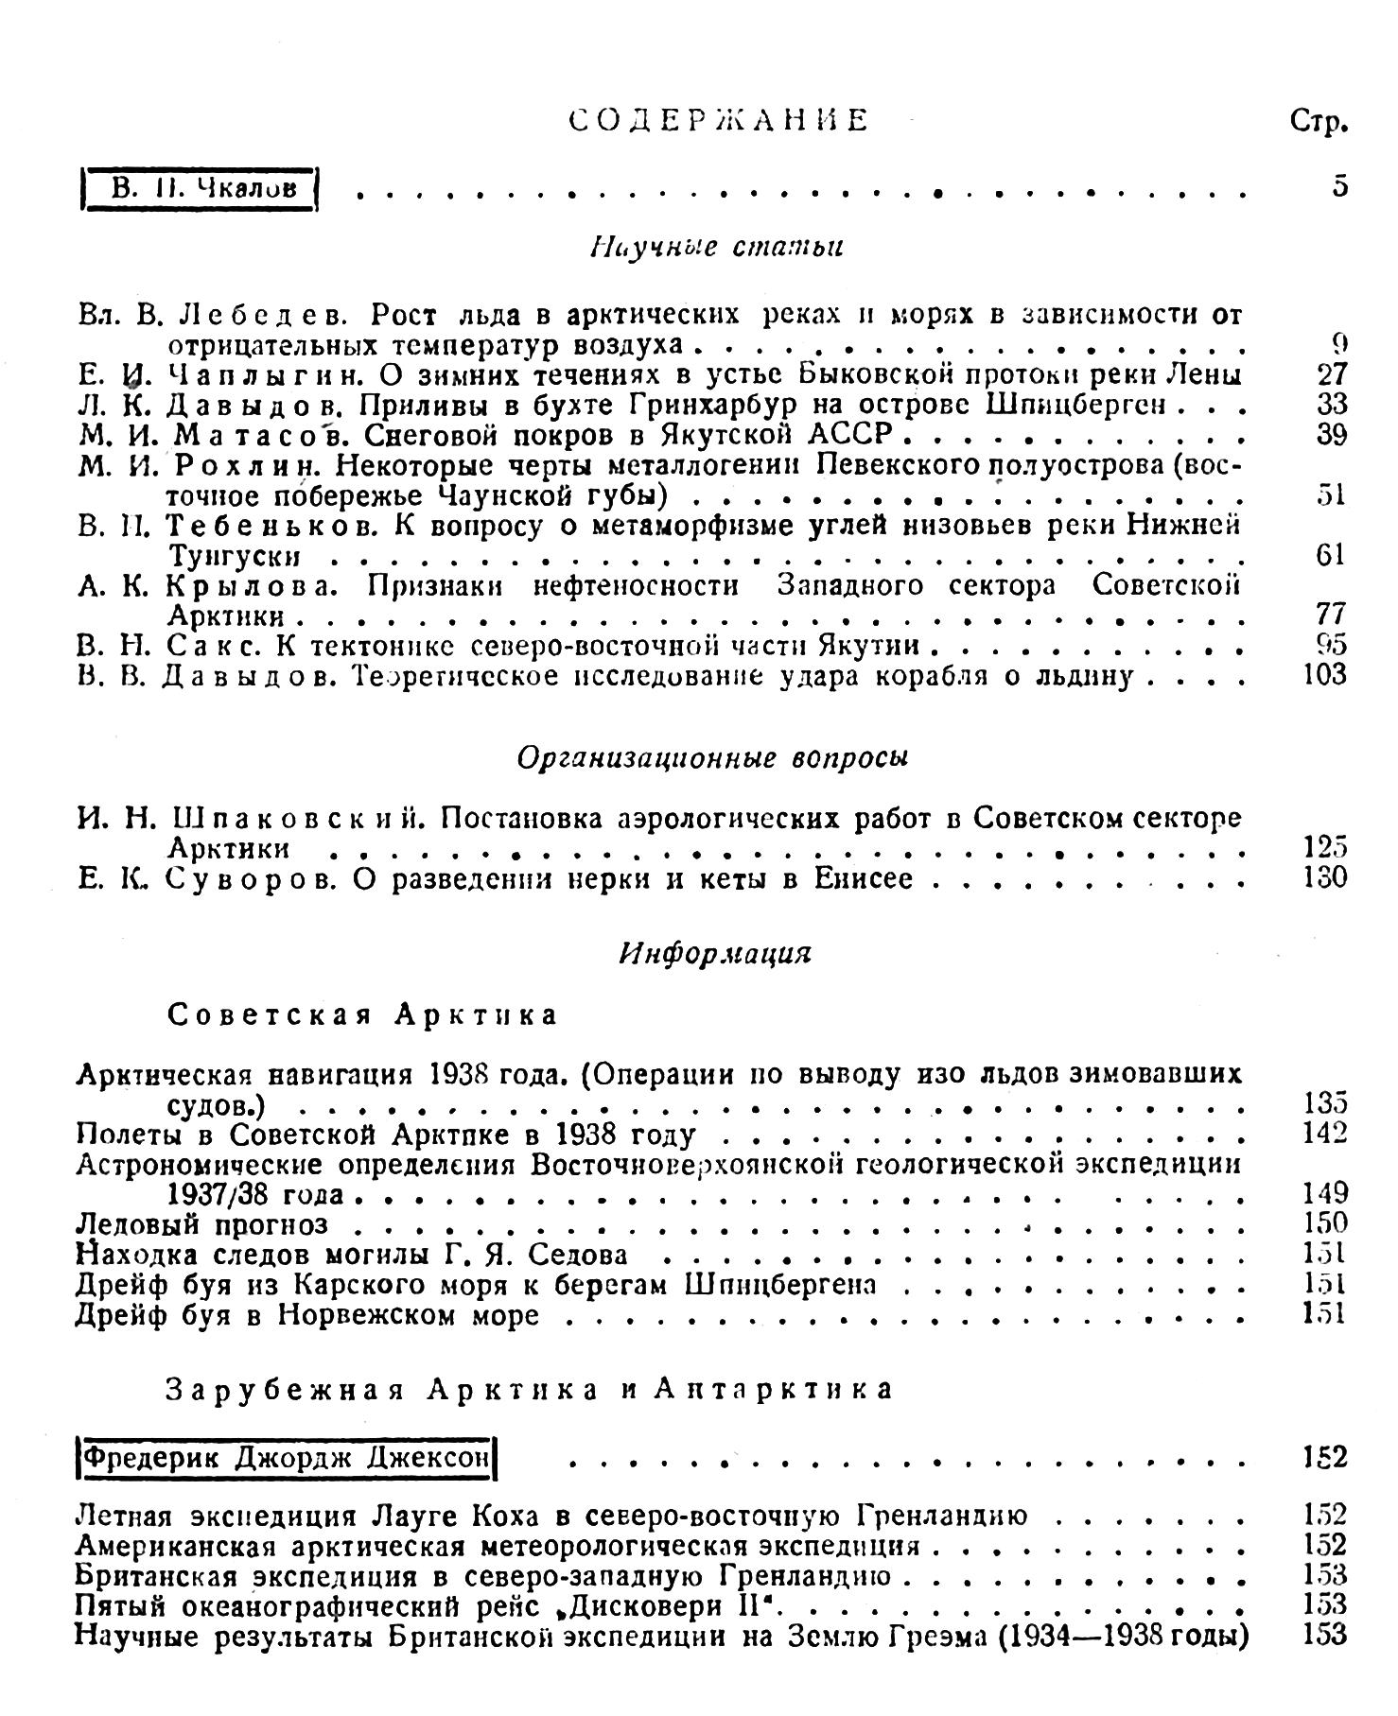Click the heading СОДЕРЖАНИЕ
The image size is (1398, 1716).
point(719,121)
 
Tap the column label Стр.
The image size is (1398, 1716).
point(1318,122)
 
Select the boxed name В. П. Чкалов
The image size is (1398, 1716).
point(202,187)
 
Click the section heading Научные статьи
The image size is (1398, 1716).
point(717,247)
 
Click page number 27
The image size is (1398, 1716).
point(1330,374)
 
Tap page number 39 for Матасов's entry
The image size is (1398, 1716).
point(1330,434)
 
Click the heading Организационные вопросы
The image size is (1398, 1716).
point(712,758)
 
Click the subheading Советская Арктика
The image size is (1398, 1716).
point(362,1014)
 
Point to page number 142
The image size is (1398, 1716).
point(1323,1134)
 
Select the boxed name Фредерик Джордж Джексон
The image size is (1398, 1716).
point(287,1457)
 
